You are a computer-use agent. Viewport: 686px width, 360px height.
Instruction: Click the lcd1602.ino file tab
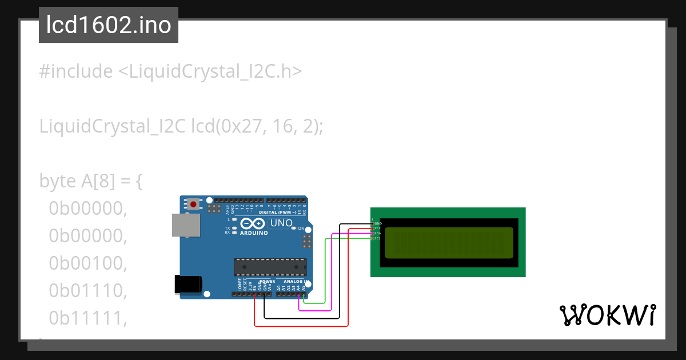click(109, 26)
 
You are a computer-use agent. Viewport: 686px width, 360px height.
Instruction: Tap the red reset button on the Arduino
click(194, 204)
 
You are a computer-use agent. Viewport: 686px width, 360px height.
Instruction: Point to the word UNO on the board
click(281, 223)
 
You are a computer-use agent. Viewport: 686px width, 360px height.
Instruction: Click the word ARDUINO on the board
click(254, 233)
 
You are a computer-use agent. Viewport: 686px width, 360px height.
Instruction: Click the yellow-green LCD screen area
click(449, 242)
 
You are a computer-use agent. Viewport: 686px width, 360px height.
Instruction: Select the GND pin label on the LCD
click(378, 223)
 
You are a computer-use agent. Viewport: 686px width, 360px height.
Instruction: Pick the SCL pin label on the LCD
click(377, 238)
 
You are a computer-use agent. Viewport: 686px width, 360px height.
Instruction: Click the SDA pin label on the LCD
click(377, 233)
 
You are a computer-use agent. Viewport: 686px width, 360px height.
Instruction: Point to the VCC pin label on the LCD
click(377, 228)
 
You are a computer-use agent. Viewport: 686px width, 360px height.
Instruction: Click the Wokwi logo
click(607, 315)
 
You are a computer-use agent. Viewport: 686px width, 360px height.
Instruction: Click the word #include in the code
click(76, 71)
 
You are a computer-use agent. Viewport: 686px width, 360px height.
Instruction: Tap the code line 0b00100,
click(87, 263)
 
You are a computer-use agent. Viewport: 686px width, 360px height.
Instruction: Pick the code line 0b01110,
click(87, 291)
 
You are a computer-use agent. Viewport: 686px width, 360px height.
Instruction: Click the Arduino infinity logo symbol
click(252, 223)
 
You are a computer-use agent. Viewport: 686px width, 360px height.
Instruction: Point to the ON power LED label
click(301, 229)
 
